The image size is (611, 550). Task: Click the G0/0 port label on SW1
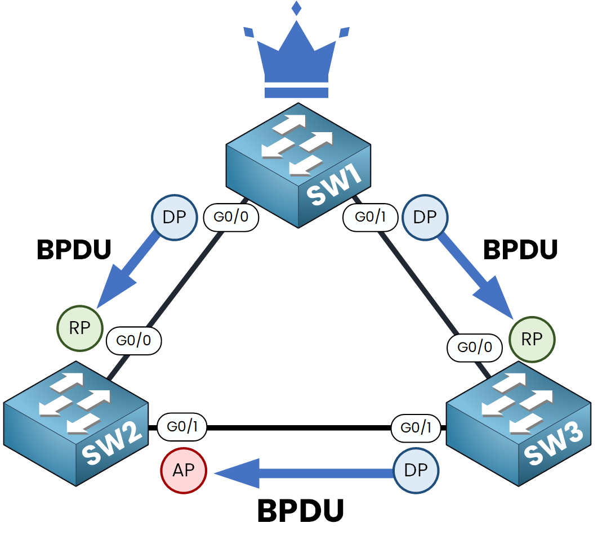tap(231, 217)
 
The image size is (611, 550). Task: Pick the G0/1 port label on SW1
tap(371, 217)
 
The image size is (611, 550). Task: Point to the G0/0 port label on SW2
tap(134, 340)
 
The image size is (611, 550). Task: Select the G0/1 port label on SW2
tap(182, 427)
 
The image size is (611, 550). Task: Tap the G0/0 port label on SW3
tap(475, 348)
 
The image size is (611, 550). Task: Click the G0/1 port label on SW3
tap(416, 427)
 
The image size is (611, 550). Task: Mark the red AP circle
tap(184, 470)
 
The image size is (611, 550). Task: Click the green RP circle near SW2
tap(80, 328)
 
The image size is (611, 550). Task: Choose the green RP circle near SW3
tap(532, 339)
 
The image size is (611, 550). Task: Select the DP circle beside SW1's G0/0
tap(175, 217)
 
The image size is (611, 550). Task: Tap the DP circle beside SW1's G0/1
tap(425, 217)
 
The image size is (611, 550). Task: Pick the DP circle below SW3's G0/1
tap(416, 470)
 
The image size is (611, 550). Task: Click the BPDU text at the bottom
tap(300, 512)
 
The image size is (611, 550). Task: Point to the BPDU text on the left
tap(74, 250)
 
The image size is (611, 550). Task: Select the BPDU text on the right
tap(520, 250)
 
